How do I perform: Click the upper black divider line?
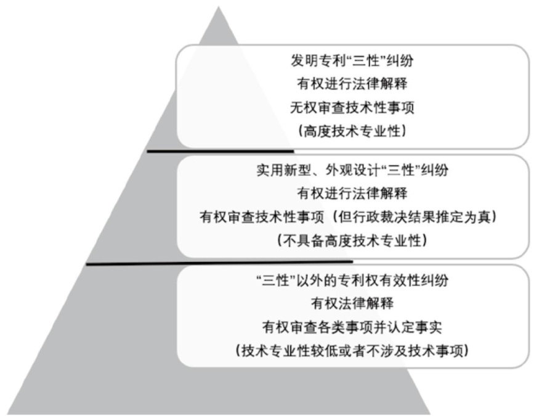pyautogui.click(x=220, y=150)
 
